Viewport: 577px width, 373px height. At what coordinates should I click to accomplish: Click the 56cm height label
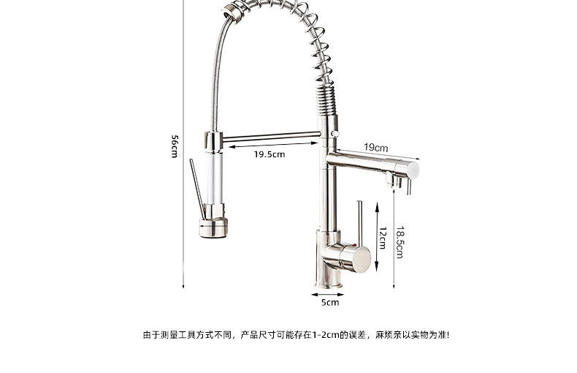175,146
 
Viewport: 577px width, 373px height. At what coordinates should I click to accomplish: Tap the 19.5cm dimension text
270,154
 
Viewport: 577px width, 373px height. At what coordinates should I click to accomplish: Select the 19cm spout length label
375,148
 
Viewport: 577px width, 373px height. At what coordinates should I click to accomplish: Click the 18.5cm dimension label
400,242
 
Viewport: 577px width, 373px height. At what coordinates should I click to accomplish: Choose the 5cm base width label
330,301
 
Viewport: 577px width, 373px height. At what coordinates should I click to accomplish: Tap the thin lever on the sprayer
195,186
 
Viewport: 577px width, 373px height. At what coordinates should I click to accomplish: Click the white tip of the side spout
413,169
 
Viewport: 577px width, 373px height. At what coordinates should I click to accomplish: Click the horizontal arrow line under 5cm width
330,292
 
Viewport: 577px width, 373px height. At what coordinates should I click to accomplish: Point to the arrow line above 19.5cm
273,146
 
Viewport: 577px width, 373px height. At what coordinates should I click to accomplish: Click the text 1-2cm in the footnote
323,335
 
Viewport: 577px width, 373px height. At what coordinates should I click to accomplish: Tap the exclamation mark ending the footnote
448,335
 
